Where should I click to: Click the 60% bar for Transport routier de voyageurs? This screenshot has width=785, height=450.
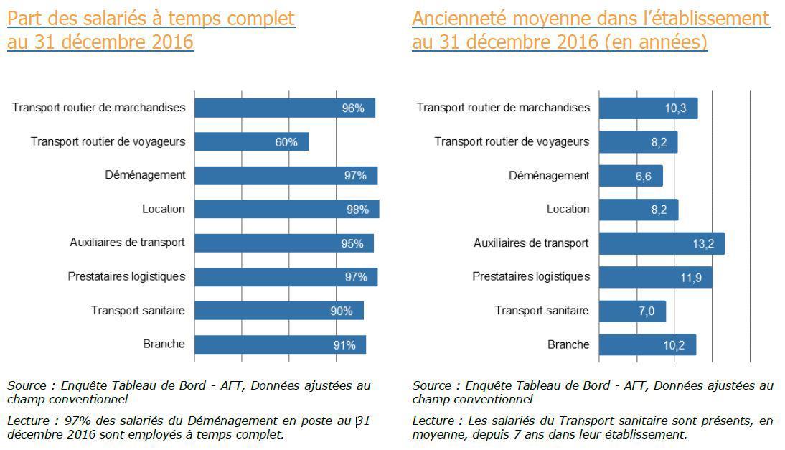[x=251, y=141]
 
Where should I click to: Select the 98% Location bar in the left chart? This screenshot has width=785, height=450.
[x=287, y=209]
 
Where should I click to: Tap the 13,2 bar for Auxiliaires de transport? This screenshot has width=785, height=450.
[x=661, y=243]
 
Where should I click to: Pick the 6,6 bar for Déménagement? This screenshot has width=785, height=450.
[x=630, y=176]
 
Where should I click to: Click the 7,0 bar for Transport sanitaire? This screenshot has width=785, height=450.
[x=631, y=311]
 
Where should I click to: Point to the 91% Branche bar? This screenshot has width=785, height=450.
[x=280, y=344]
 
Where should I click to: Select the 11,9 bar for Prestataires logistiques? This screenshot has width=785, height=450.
[x=655, y=277]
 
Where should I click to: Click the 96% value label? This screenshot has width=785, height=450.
[x=353, y=108]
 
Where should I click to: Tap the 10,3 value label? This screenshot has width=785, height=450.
[x=676, y=108]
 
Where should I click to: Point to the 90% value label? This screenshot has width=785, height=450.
[x=342, y=311]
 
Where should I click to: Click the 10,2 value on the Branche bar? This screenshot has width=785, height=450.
[x=674, y=345]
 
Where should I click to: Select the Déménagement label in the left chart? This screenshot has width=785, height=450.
[x=155, y=175]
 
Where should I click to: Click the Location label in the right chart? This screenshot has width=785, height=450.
[x=568, y=209]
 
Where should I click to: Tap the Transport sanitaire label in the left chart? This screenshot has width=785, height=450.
[x=138, y=311]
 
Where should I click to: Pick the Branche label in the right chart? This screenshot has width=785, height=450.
[x=568, y=344]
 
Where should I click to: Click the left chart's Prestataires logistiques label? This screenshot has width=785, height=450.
[x=126, y=276]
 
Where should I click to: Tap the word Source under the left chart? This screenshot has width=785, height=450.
[x=27, y=386]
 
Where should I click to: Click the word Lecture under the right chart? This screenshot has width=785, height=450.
[x=433, y=421]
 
